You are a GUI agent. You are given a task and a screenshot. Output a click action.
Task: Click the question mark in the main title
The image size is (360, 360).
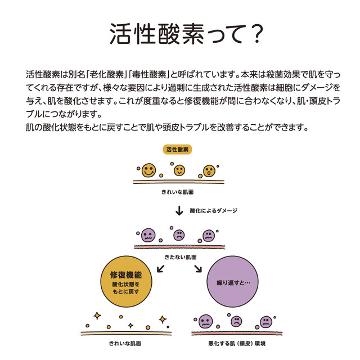[x=256, y=34]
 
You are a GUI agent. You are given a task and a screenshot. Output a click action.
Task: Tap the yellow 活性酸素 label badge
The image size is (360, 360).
[x=177, y=150]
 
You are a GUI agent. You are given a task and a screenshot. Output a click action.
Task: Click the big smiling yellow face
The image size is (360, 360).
[x=148, y=170]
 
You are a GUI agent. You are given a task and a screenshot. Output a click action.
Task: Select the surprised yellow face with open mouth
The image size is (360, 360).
[x=209, y=171]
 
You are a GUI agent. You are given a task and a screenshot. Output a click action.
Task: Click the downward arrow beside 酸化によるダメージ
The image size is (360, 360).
[x=179, y=210]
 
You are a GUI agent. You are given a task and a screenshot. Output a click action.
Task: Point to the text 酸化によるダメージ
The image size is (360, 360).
[x=213, y=210]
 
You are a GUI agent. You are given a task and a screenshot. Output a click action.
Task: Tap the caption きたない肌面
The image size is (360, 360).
[x=181, y=257]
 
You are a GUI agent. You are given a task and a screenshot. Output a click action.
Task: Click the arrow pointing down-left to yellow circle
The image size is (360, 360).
[x=161, y=269]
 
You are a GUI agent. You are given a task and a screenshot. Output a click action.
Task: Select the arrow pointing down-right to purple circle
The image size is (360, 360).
[x=198, y=269]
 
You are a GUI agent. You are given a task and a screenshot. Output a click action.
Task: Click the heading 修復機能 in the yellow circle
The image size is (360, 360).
[x=126, y=275]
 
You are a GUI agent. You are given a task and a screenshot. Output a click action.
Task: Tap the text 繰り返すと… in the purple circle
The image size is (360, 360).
[x=233, y=282]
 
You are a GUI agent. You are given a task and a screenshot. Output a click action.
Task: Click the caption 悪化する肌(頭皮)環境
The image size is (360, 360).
[x=237, y=344]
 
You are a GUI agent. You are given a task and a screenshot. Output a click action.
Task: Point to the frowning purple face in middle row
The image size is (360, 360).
[x=179, y=235]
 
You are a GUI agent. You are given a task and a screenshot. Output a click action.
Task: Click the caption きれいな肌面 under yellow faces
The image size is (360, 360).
[x=178, y=192]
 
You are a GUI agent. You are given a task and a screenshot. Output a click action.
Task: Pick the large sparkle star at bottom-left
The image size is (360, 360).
[x=97, y=316]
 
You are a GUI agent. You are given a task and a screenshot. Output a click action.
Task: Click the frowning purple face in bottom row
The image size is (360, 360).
[x=236, y=321]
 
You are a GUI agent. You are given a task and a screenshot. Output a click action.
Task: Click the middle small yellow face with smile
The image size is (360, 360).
[x=179, y=170]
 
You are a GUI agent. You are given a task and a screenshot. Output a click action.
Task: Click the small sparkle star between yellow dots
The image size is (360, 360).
[x=130, y=326]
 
